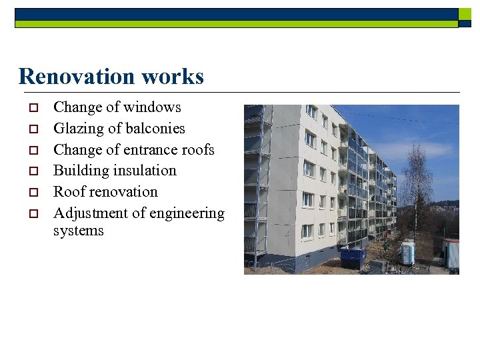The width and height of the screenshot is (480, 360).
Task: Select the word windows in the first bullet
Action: coord(152,107)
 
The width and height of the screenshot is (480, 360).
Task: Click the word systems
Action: coord(79,231)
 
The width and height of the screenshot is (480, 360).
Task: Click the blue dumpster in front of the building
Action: coord(352,258)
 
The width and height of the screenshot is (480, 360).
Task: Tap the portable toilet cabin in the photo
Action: coord(407,253)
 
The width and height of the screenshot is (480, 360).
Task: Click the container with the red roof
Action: coord(451,253)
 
